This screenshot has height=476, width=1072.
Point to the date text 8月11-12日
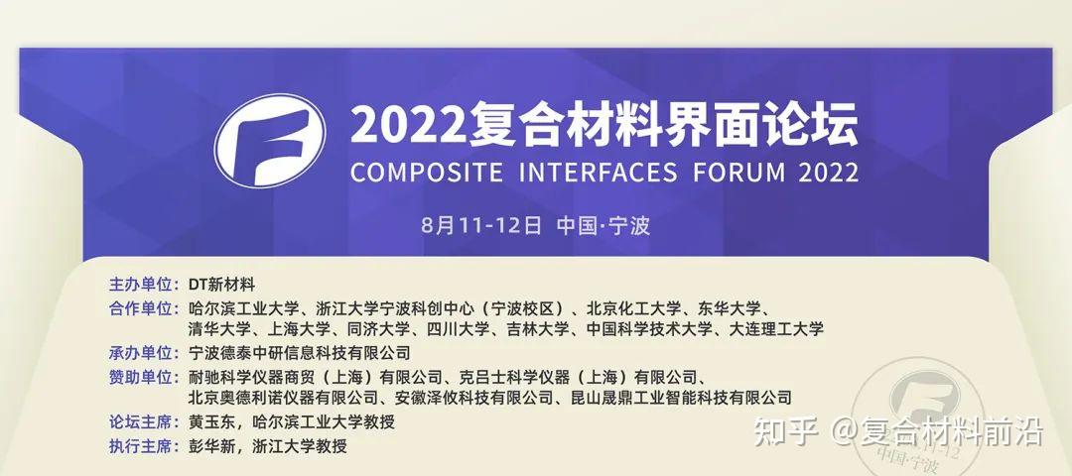coord(480,225)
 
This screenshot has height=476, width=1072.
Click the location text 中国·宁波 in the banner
coord(603,225)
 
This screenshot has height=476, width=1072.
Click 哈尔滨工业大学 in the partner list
coord(236,308)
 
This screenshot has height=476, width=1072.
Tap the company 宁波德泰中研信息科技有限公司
coord(299,352)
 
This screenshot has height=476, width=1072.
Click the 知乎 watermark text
coord(786,433)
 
